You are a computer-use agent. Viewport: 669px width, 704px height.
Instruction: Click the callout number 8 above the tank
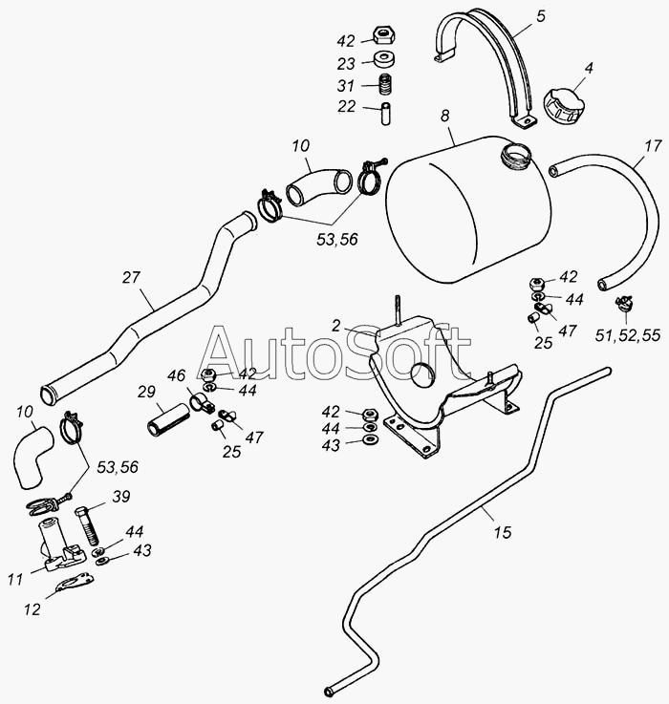tap(444, 117)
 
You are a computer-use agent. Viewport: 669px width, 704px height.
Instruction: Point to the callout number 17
tap(653, 147)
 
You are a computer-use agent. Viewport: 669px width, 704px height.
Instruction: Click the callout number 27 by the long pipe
tap(131, 278)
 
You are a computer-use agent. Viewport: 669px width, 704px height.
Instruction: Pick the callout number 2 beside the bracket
tap(336, 326)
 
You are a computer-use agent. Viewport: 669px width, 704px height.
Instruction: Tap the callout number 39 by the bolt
tap(121, 496)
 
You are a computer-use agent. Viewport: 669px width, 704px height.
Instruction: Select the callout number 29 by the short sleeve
tap(146, 392)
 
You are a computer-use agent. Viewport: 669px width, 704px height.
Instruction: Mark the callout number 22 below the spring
tap(346, 106)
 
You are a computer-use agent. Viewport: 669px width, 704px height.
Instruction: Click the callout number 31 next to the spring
tap(346, 85)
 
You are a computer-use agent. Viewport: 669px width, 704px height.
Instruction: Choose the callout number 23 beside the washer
tap(346, 63)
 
